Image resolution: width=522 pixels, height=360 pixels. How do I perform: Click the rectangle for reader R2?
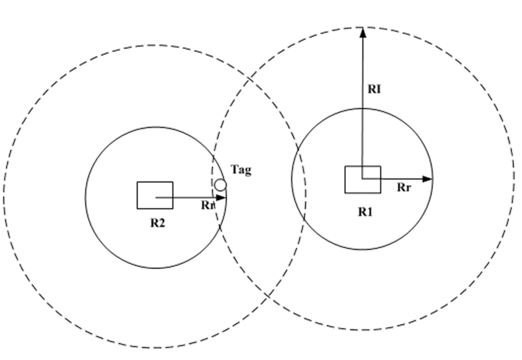(x=155, y=195)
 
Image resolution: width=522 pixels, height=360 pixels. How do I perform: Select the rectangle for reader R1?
(x=362, y=179)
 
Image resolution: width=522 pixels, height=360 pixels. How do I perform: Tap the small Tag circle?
(x=221, y=184)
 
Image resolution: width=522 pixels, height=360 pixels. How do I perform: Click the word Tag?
(x=241, y=171)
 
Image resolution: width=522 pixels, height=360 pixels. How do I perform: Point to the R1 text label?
(x=365, y=212)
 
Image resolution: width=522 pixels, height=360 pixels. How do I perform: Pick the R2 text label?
(x=157, y=223)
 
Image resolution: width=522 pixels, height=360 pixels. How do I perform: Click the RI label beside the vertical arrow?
(x=374, y=89)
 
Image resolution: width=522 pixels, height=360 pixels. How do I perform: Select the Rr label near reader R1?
(x=403, y=188)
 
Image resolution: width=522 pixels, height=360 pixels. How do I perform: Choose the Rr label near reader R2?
(x=208, y=205)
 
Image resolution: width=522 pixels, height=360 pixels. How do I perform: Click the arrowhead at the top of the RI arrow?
(x=362, y=31)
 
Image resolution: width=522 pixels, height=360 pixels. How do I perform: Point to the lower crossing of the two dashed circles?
(x=267, y=296)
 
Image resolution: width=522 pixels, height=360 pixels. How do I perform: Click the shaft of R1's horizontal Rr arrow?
(x=397, y=179)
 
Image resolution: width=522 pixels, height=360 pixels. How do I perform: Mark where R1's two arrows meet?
(x=362, y=179)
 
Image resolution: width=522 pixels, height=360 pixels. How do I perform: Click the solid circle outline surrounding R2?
(x=85, y=197)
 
